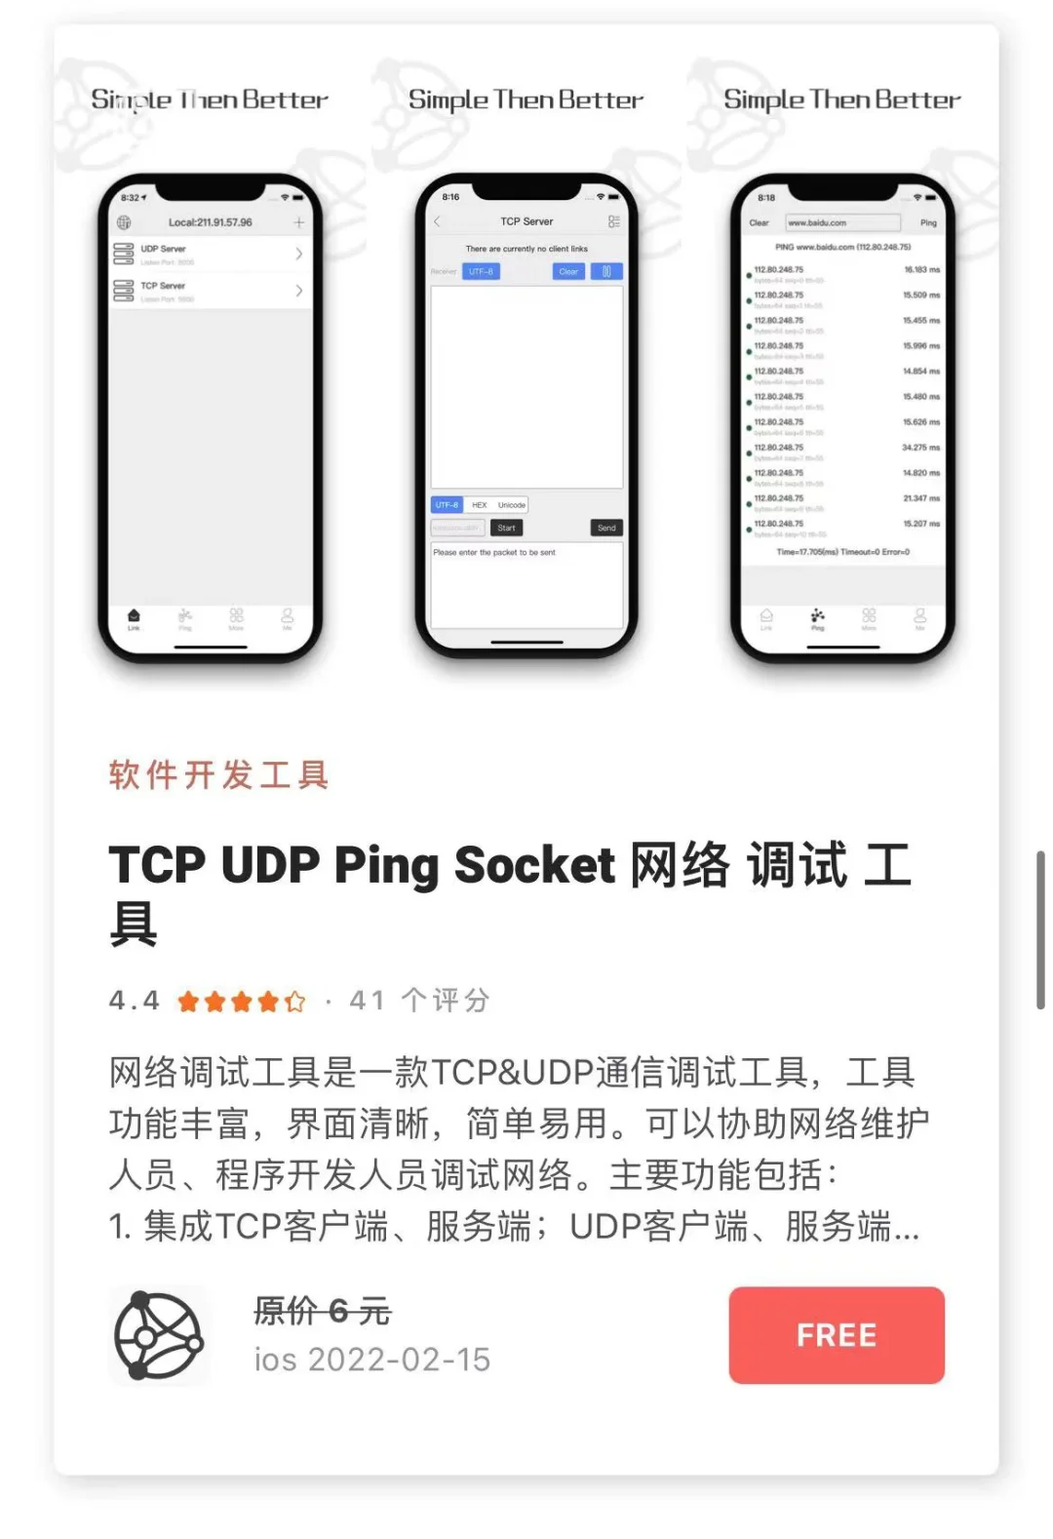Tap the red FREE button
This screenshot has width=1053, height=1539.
[x=836, y=1334]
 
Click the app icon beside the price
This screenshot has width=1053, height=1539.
[x=159, y=1335]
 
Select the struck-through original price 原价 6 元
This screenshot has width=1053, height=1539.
[x=323, y=1311]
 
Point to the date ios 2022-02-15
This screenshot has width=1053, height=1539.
[x=372, y=1360]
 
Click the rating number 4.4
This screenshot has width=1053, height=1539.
[x=135, y=1001]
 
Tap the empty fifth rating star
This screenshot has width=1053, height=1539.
[x=295, y=1002]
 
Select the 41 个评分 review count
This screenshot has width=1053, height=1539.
[x=419, y=1001]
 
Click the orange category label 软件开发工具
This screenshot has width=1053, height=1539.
[x=218, y=775]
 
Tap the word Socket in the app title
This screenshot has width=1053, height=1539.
[x=534, y=865]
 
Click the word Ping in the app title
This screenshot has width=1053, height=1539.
[x=386, y=865]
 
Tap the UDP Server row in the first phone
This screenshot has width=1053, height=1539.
[x=210, y=254]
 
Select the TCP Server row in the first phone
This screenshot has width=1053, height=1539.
[x=210, y=291]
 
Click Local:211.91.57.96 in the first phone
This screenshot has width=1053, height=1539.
[x=210, y=222]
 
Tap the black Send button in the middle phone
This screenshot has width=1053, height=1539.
[x=606, y=528]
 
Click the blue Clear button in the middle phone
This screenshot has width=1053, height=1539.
[x=568, y=271]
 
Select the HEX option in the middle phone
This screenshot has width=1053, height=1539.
[x=479, y=505]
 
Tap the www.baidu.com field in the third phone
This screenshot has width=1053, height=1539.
[x=841, y=222]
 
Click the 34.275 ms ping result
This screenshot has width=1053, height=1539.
[x=920, y=448]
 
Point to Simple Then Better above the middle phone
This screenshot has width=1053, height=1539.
[x=526, y=100]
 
